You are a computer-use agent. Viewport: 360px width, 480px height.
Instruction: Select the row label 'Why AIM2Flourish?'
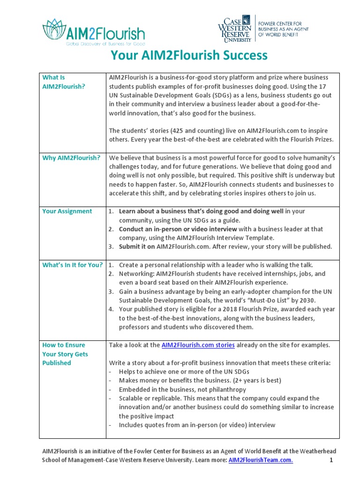71,157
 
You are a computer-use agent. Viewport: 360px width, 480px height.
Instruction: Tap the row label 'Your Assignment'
67,211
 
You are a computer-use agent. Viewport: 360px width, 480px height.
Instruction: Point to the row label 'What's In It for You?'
72,265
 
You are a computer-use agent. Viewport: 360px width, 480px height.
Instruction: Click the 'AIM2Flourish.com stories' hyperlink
198,345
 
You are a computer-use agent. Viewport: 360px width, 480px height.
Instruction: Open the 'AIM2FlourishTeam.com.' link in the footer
261,460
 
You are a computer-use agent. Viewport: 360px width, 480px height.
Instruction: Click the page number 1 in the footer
330,460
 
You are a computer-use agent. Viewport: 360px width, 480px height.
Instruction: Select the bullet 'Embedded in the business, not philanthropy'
182,390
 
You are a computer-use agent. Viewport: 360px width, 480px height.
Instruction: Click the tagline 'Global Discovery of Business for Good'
106,43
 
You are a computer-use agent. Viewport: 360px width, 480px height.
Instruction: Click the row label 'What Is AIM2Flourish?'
64,82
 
